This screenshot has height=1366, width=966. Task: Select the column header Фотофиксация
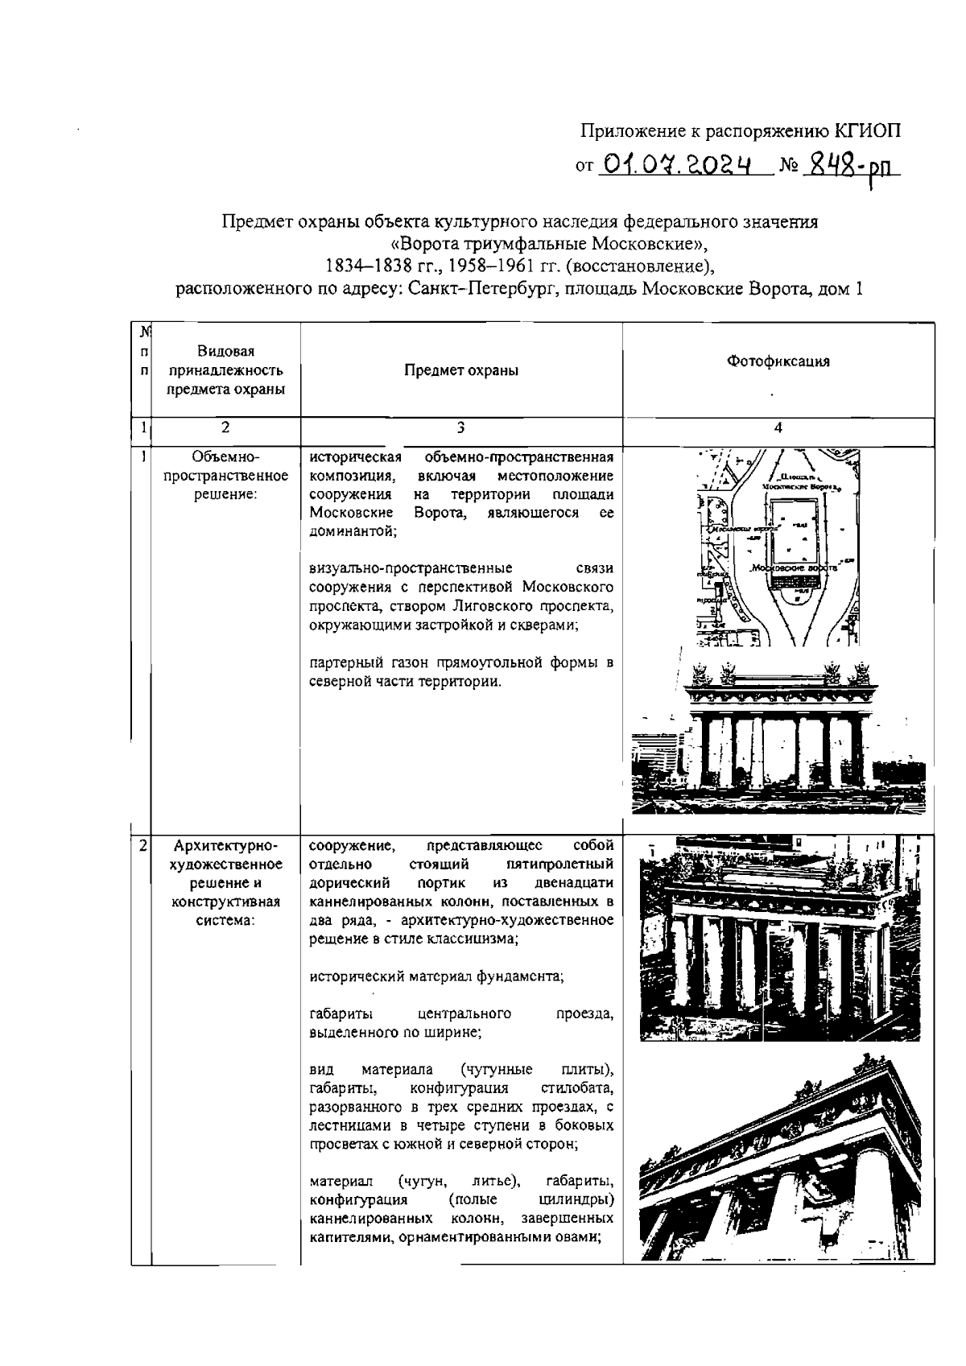pos(778,361)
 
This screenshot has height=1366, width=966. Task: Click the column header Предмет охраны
pos(461,370)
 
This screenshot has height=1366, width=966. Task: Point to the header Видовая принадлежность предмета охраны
pos(226,370)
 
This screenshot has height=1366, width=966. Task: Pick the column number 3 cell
pos(461,427)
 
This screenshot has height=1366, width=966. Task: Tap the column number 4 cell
pos(778,427)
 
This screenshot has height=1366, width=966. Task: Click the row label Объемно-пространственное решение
pos(226,476)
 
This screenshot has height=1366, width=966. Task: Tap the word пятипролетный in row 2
pos(556,865)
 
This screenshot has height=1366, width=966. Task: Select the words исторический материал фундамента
pos(436,976)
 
